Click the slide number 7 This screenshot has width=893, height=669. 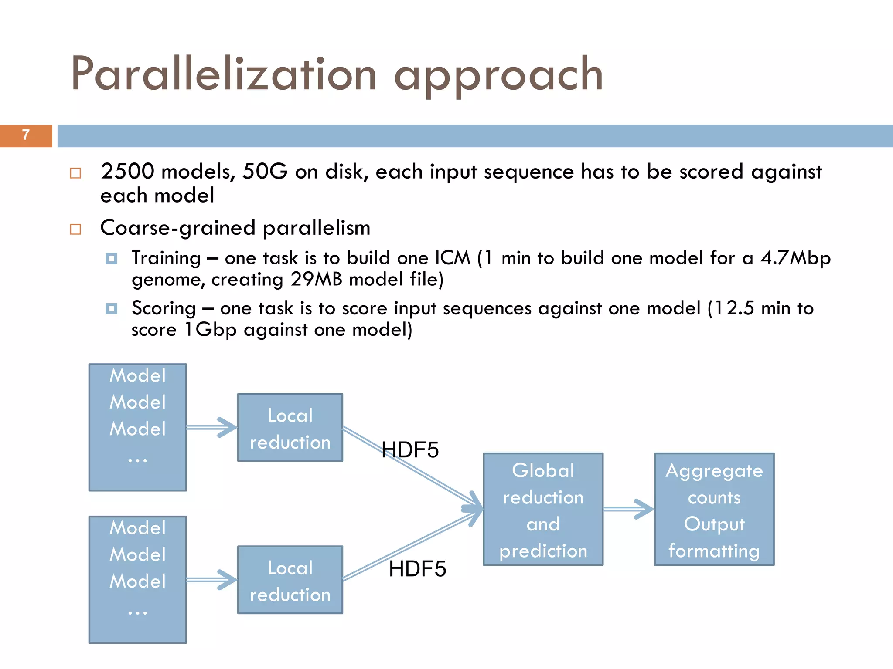tap(26, 135)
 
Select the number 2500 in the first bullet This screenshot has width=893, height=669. tap(127, 171)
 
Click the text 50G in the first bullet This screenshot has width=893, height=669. tap(265, 171)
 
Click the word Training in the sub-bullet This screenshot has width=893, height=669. tap(166, 258)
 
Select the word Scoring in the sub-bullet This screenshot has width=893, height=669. tap(164, 308)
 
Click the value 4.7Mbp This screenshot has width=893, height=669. tap(795, 258)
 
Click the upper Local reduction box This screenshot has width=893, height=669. tap(290, 428)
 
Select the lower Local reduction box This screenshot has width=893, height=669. tap(290, 580)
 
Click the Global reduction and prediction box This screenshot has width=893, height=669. tap(543, 509)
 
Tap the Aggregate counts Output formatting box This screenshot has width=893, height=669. tap(714, 509)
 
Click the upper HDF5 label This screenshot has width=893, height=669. tap(410, 450)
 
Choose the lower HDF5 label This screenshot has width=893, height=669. tap(417, 569)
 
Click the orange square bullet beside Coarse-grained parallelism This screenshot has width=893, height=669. tap(75, 229)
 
